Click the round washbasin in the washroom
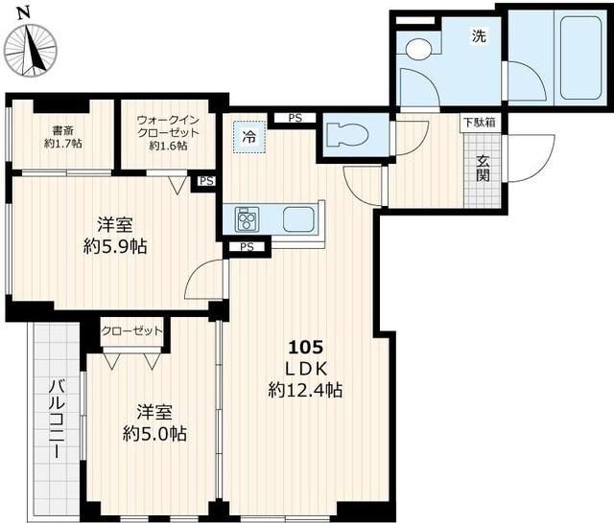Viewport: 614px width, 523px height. click(x=417, y=49)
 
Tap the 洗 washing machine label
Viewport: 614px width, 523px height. click(x=478, y=37)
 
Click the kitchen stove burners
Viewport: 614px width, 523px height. click(x=248, y=219)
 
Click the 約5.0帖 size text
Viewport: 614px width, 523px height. click(x=154, y=433)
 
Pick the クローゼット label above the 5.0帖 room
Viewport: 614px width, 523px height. click(x=132, y=330)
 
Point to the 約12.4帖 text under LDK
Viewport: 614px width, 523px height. click(x=305, y=390)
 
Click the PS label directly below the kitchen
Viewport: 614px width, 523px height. click(x=247, y=247)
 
